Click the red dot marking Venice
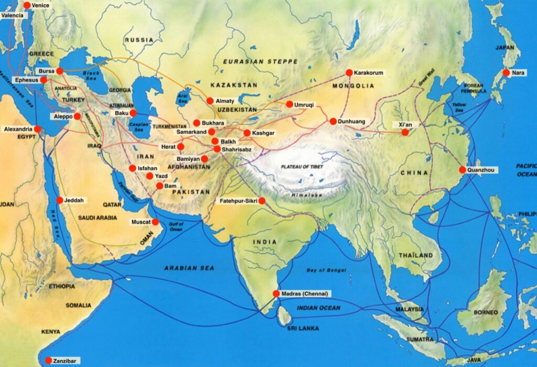(27, 5)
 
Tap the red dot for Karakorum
(349, 72)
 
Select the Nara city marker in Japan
(506, 73)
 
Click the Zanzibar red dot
(48, 361)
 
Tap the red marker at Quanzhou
(462, 170)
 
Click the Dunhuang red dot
(332, 122)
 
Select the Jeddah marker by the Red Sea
(59, 200)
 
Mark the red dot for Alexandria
(38, 129)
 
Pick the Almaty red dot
(210, 101)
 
